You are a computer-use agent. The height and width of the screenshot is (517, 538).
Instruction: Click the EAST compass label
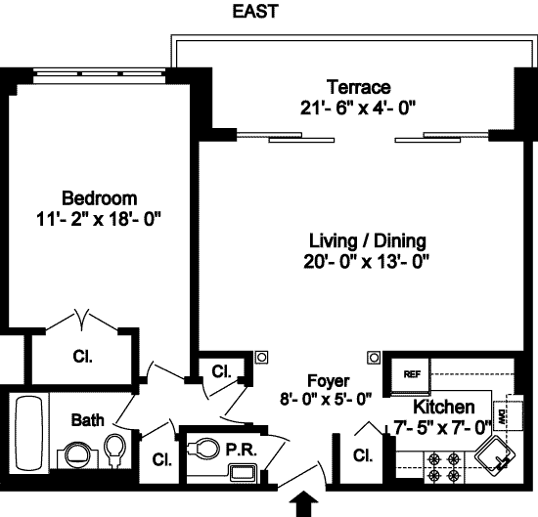(255, 12)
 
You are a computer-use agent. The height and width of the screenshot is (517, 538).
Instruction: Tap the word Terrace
(359, 87)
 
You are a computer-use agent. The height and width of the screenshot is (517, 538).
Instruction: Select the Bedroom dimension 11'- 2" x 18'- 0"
(99, 219)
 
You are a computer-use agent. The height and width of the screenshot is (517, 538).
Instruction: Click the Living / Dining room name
(368, 240)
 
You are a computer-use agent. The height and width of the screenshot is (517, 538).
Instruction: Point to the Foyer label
(329, 381)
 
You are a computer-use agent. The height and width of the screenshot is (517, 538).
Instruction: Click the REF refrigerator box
(411, 375)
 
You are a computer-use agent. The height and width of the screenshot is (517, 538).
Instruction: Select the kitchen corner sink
(495, 456)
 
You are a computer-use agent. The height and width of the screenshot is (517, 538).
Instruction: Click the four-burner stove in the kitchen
(444, 467)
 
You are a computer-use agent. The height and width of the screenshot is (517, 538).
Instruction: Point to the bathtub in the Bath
(28, 434)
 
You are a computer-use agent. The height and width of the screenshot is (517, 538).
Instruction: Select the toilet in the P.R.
(203, 448)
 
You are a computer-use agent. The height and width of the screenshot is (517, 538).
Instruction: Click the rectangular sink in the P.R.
(243, 473)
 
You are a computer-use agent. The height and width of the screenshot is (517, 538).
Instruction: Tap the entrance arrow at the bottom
(304, 503)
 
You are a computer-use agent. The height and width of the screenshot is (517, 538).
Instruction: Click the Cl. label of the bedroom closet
(82, 357)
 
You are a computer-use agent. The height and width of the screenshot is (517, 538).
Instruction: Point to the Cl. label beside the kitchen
(363, 455)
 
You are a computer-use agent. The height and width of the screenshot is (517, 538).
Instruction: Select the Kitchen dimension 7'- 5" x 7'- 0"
(442, 427)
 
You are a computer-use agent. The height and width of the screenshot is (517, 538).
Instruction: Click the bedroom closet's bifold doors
(82, 321)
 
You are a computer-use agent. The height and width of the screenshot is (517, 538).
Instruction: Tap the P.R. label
(242, 450)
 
